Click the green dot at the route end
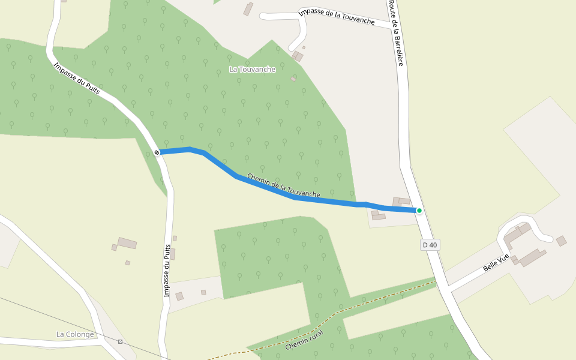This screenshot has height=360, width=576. [419, 211]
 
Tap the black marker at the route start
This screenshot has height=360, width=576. [157, 152]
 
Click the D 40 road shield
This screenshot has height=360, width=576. [430, 245]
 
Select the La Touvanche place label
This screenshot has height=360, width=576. [252, 70]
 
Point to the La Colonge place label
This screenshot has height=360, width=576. [75, 334]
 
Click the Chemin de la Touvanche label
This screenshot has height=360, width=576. [283, 185]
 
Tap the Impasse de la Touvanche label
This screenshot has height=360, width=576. [336, 17]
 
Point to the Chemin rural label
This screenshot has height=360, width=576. [304, 340]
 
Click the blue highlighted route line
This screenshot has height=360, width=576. [264, 188]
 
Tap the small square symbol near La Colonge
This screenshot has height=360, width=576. [121, 341]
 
